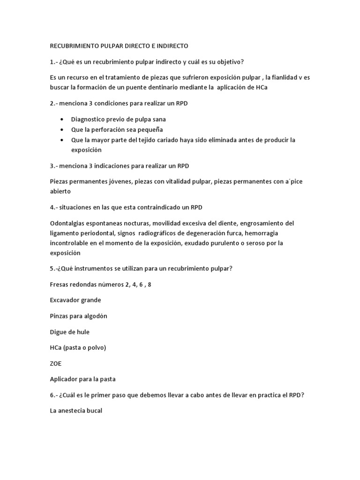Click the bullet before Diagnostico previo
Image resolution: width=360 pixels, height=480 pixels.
click(62, 120)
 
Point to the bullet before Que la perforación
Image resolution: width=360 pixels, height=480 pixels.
click(62, 130)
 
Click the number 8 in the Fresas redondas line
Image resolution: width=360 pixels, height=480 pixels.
click(149, 285)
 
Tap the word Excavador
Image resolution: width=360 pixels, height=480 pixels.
click(65, 300)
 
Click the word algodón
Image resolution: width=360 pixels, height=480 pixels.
click(95, 316)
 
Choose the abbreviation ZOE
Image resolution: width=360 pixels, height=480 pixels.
click(55, 363)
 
